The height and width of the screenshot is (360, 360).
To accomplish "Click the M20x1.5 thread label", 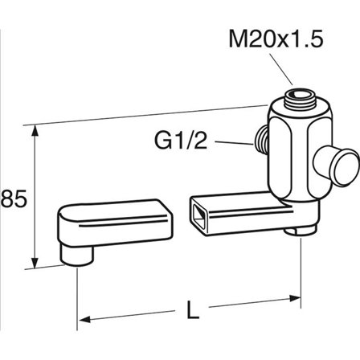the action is tap(276, 39).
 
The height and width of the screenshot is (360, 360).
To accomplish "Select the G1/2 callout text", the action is tap(181, 141).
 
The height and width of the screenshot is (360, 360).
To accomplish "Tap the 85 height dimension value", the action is tap(14, 198).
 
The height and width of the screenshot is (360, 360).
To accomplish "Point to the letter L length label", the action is tap(193, 310).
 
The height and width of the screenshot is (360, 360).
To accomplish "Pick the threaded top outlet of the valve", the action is tap(299, 100).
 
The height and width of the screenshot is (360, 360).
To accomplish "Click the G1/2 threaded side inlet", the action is tap(260, 140).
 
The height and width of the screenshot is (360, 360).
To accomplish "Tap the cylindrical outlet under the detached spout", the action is tap(76, 255).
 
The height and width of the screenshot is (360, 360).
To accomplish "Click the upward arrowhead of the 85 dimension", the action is tap(35, 130).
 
